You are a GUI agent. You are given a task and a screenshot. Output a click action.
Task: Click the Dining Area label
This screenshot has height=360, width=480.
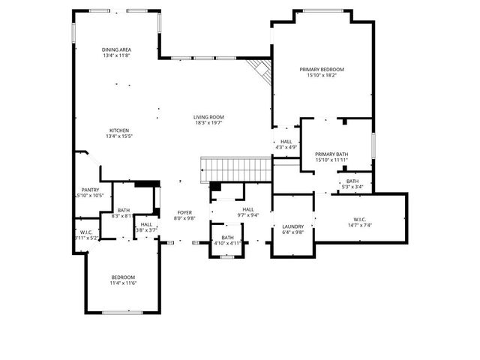tap(117, 49)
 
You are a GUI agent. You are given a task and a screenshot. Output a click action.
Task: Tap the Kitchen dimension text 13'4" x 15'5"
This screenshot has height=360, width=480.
tap(123, 136)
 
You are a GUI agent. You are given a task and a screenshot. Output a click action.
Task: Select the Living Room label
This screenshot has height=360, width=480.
tap(208, 117)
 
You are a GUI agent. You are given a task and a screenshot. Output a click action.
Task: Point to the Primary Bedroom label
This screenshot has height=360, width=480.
tap(322, 69)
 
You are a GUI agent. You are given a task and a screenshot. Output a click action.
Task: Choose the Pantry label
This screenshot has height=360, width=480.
tap(91, 190)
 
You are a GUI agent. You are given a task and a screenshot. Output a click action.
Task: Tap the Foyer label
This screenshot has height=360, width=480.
tap(184, 212)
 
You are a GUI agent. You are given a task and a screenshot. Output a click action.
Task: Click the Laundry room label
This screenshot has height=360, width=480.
tap(292, 226)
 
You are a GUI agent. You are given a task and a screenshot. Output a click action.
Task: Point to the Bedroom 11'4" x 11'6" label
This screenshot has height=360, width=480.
tap(123, 278)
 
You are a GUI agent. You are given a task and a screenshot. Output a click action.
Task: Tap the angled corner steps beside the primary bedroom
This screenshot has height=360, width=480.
tap(260, 72)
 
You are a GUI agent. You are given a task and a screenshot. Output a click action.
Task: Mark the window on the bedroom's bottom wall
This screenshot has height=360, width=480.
tap(122, 312)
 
